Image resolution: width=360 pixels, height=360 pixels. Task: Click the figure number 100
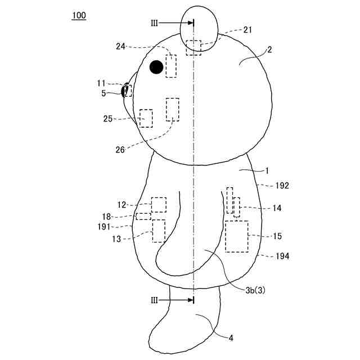click(x=79, y=15)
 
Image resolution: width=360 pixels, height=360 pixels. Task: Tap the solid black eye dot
click(x=156, y=67)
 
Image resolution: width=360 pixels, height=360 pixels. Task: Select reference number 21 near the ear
click(x=247, y=30)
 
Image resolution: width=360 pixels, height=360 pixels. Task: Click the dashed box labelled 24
click(x=171, y=66)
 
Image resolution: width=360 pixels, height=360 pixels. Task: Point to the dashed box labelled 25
click(x=146, y=118)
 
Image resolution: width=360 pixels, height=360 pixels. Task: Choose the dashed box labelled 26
click(x=173, y=109)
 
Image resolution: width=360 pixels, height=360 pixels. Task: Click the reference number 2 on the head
click(x=269, y=49)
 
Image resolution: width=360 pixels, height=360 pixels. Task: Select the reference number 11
click(x=101, y=83)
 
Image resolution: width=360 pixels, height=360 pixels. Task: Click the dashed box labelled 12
click(x=159, y=205)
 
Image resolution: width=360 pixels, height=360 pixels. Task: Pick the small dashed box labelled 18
click(x=143, y=217)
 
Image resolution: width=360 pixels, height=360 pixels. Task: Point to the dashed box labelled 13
click(x=159, y=231)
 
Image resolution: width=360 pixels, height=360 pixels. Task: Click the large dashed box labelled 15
click(x=237, y=236)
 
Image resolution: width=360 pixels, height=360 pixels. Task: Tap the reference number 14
click(x=277, y=208)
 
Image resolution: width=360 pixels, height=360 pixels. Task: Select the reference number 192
click(x=282, y=185)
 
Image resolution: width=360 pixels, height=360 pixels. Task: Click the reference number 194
click(x=282, y=256)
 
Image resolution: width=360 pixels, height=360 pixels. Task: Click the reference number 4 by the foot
click(x=231, y=338)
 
